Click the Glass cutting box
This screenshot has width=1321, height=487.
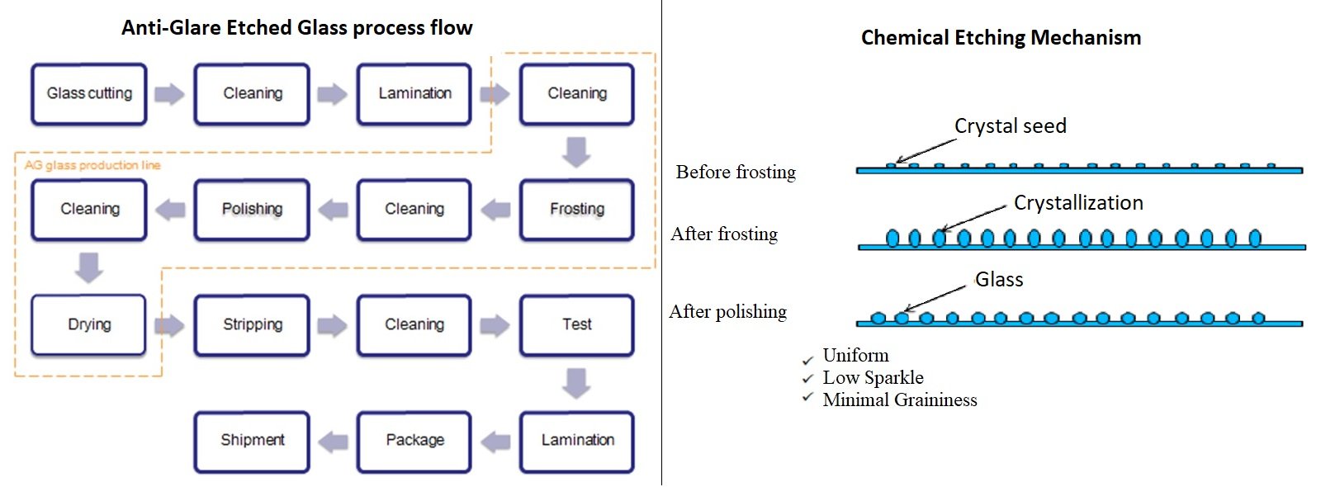click(x=89, y=94)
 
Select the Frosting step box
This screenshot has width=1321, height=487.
click(x=576, y=210)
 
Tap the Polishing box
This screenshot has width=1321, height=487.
click(x=252, y=210)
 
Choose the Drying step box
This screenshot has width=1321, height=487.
click(x=89, y=325)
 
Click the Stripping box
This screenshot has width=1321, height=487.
click(x=252, y=325)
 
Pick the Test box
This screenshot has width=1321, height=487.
click(x=576, y=325)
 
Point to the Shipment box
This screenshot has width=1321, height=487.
click(x=252, y=441)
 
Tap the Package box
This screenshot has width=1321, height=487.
click(x=414, y=441)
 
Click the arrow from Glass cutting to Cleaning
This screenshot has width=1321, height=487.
click(x=169, y=94)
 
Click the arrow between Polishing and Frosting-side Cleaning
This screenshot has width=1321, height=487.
click(x=333, y=210)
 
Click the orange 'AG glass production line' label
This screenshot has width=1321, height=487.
click(x=92, y=165)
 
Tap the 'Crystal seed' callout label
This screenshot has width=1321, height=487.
click(x=1010, y=126)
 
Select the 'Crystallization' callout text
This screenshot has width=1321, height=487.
click(x=1078, y=203)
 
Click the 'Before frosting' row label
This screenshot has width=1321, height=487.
click(x=736, y=173)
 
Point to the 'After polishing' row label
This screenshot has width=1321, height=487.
click(x=727, y=312)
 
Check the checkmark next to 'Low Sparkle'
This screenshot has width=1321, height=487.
click(x=807, y=379)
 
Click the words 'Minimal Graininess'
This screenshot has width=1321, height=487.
click(x=899, y=400)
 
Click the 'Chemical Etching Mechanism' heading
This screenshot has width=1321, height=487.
click(x=1001, y=38)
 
